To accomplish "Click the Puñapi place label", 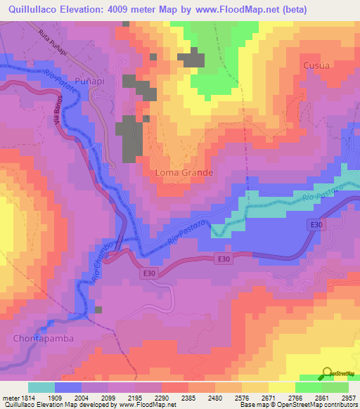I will tap(89, 82).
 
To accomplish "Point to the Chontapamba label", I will tap(43, 338).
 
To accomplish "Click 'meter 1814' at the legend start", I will tap(18, 398).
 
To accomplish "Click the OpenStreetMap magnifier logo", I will tap(328, 372).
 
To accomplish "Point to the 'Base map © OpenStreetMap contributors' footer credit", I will tap(299, 405).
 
